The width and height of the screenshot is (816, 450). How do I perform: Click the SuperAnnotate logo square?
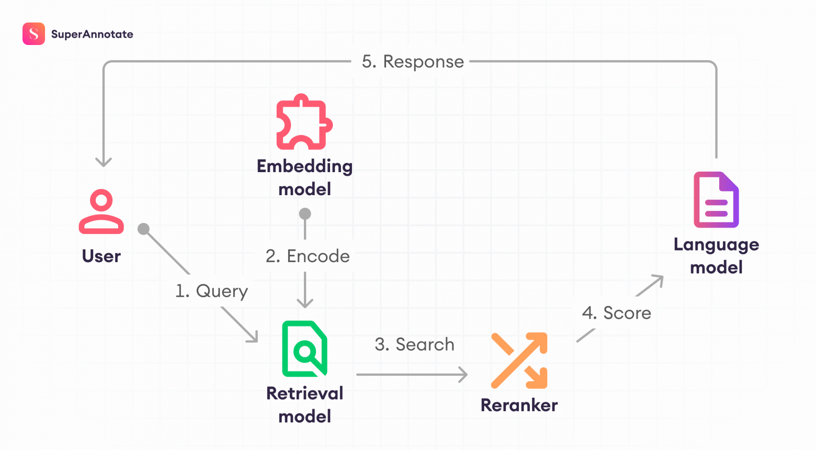(33, 34)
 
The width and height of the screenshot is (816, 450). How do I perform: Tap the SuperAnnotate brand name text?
(92, 35)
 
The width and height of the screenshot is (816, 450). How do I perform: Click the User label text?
(101, 256)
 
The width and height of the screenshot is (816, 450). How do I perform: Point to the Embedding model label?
(304, 177)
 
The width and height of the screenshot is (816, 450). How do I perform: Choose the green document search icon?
(304, 348)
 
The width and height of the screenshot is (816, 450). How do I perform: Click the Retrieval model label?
(304, 404)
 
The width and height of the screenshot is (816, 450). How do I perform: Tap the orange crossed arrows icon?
(519, 361)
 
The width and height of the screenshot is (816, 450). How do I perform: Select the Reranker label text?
(519, 406)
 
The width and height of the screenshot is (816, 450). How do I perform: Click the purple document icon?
(716, 199)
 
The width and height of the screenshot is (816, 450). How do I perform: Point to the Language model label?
(716, 256)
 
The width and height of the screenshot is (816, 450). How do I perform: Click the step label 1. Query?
(211, 291)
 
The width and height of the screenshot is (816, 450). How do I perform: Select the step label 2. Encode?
(308, 256)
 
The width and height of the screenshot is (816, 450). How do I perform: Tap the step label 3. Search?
(414, 344)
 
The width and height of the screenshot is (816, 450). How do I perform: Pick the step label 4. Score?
(617, 313)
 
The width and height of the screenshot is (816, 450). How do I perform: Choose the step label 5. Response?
(413, 62)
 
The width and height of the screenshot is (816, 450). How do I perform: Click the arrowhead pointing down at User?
(104, 161)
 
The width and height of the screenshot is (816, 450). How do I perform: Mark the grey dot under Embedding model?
(305, 213)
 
